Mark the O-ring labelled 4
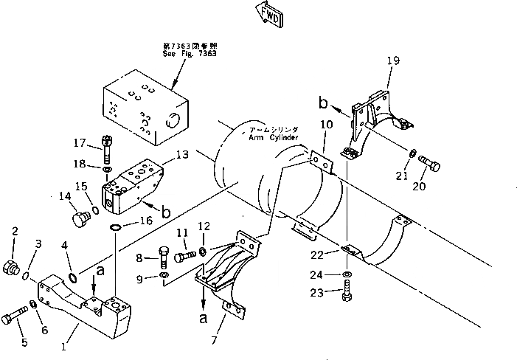pyautogui.click(x=73, y=278)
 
